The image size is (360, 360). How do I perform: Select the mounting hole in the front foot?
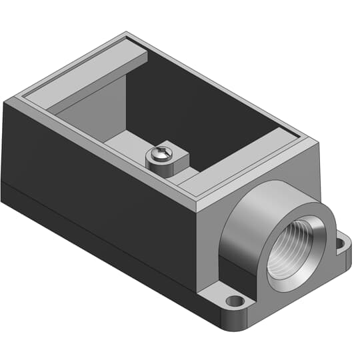(235, 301)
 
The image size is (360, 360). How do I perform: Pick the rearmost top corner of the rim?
(126, 33)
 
